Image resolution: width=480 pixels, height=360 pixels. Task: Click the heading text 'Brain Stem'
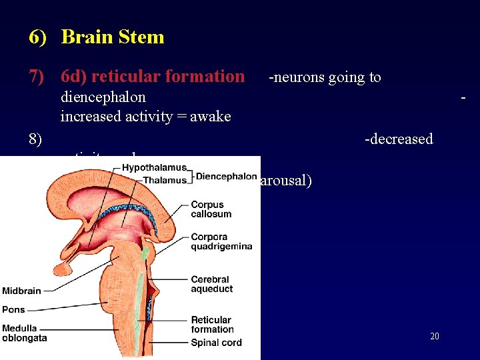(112, 37)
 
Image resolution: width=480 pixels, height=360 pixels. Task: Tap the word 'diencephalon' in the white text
(103, 97)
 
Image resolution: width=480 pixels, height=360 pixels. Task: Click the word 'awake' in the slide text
(211, 117)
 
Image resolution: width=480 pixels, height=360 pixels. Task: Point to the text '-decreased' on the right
(399, 139)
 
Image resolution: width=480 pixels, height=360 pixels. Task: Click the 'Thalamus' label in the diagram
(165, 180)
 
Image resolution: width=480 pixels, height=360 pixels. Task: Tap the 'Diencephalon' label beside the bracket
(227, 177)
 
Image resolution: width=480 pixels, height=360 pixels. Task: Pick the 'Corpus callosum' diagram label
(211, 209)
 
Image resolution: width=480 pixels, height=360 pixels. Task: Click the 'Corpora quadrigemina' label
(221, 241)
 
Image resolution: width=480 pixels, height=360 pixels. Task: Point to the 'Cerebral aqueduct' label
(211, 284)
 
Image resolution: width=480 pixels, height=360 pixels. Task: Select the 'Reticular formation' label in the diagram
(212, 325)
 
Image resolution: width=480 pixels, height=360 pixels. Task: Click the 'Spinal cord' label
(216, 343)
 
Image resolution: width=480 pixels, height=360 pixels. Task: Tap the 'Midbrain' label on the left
(21, 291)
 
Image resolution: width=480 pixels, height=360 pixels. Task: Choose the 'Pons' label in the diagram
(13, 310)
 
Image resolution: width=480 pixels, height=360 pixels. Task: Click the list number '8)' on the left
(35, 139)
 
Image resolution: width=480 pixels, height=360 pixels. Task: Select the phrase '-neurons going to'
(325, 78)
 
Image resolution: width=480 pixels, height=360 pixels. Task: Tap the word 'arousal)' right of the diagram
(286, 181)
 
